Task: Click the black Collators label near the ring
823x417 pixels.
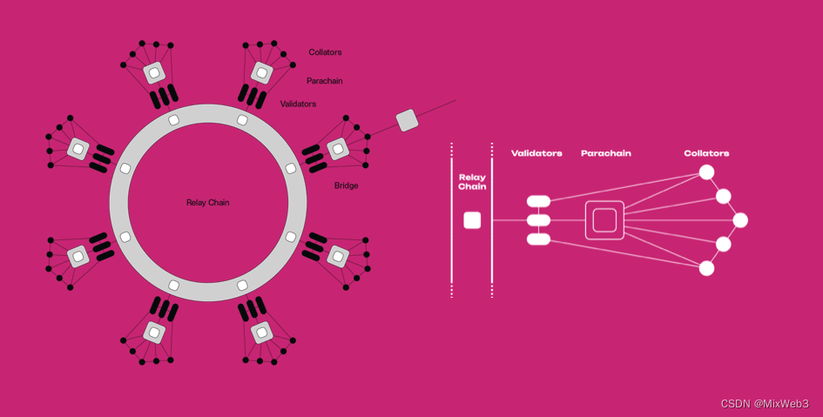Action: [x=325, y=52]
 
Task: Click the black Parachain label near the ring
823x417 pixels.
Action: [x=324, y=81]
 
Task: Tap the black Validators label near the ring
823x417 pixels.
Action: [x=298, y=104]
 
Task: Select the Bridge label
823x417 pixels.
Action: [x=346, y=185]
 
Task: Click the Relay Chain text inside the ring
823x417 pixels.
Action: [x=207, y=203]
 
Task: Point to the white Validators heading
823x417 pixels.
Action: [x=536, y=153]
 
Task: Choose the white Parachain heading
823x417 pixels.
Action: [x=606, y=153]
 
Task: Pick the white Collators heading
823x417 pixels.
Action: [x=706, y=153]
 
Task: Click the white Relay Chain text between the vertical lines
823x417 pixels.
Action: [x=472, y=182]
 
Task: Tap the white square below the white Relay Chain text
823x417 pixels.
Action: [x=472, y=220]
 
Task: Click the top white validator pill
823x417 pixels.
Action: [x=538, y=202]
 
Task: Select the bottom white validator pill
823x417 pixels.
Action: [x=538, y=239]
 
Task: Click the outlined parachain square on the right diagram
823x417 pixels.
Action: [x=604, y=220]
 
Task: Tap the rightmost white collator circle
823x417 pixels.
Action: [x=740, y=220]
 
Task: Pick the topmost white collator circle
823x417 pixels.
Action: [x=707, y=172]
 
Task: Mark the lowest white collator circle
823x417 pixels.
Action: [x=707, y=268]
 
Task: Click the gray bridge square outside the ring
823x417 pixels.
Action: [x=407, y=120]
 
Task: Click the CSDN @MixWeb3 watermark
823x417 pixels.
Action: [x=765, y=404]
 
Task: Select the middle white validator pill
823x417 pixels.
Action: [x=538, y=220]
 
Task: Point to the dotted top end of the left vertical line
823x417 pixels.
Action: [x=452, y=149]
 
